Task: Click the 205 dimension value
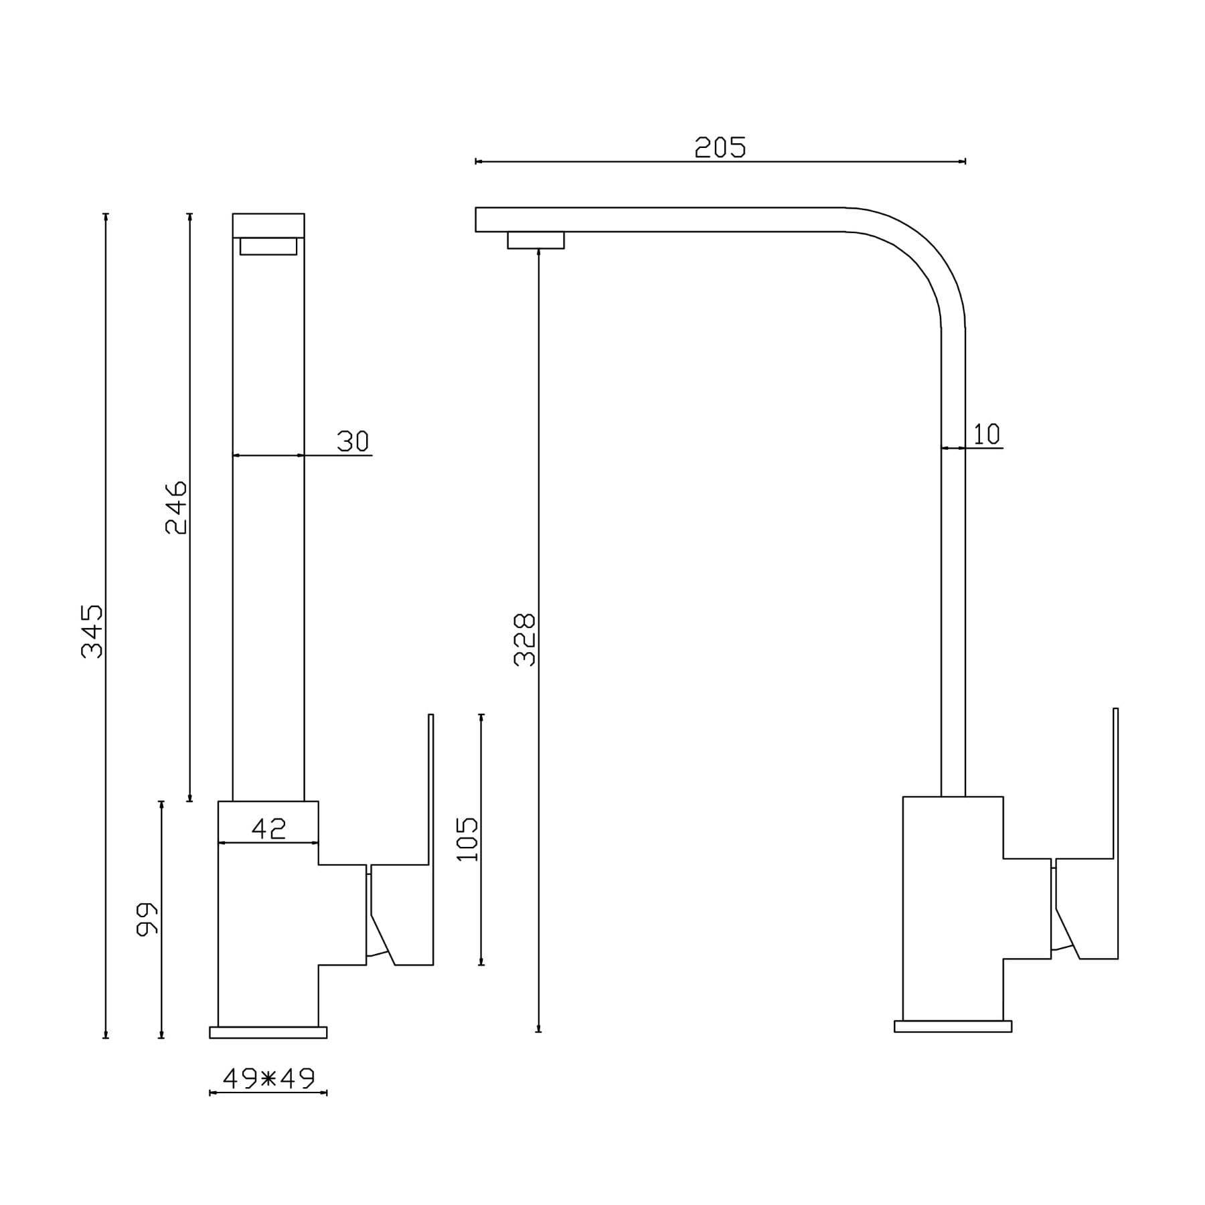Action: pos(720,147)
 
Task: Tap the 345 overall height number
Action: pos(92,631)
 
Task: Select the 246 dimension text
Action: pos(176,507)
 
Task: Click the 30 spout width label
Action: pos(353,441)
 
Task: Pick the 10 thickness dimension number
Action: pos(987,434)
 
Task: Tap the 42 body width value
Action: pos(268,829)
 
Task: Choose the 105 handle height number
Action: pos(467,839)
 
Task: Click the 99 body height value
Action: pos(147,919)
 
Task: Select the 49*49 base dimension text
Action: pos(268,1078)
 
